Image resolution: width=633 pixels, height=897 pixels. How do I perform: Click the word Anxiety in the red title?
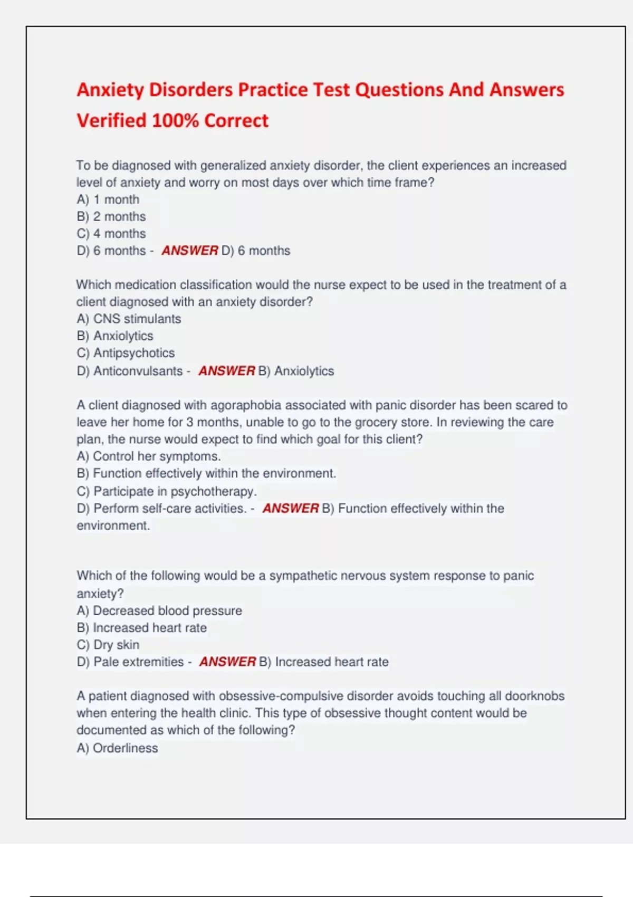[x=110, y=90]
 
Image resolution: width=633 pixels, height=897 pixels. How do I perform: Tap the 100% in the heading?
[x=175, y=121]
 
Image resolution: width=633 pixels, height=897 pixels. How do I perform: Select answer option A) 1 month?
[x=108, y=199]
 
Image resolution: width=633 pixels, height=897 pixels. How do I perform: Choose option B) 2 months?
[x=111, y=216]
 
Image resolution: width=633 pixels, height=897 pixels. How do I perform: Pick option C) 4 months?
[x=111, y=233]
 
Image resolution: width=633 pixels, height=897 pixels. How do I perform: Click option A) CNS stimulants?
[x=129, y=319]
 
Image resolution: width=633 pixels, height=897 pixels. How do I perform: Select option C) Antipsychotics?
[x=126, y=352]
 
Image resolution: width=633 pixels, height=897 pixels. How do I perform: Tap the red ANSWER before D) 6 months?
[x=189, y=251]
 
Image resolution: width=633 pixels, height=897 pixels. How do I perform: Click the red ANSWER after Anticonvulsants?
[x=226, y=371]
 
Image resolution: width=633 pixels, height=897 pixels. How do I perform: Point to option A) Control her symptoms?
[x=149, y=456]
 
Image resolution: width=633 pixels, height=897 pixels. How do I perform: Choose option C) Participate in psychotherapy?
[x=167, y=491]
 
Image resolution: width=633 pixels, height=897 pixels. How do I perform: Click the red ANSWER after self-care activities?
[x=290, y=508]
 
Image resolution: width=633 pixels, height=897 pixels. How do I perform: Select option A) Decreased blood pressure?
[x=159, y=610]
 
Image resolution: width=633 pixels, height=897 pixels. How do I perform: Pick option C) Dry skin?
[x=108, y=644]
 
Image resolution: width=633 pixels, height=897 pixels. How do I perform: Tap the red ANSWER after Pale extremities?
[x=227, y=662]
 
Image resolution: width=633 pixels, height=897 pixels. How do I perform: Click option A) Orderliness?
[x=117, y=748]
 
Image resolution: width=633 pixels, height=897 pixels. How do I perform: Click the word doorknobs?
[x=534, y=696]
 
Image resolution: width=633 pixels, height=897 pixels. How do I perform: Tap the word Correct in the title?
[x=236, y=121]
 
